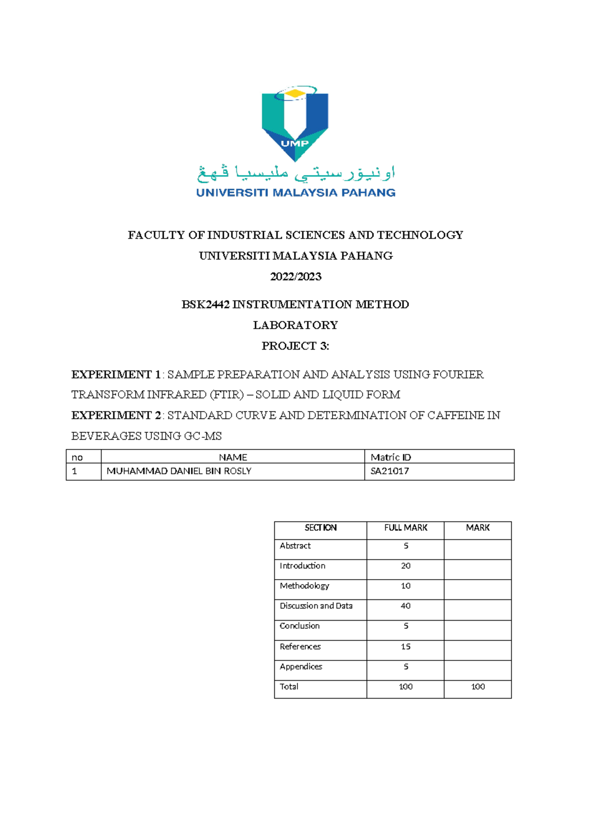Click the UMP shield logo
[x=295, y=124]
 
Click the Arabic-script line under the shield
[x=296, y=173]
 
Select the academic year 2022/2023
[x=296, y=277]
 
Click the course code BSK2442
[x=206, y=305]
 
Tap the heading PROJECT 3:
[x=295, y=346]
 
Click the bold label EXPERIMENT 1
[x=116, y=375]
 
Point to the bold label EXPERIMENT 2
[x=116, y=416]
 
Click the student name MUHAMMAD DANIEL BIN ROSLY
[x=179, y=471]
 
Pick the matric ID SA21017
[x=390, y=471]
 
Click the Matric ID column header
[x=391, y=457]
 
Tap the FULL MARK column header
[x=406, y=528]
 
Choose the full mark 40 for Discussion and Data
[x=406, y=606]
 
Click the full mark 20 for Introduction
[x=406, y=566]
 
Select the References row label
[x=300, y=647]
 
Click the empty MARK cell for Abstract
[x=477, y=549]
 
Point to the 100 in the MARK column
[x=478, y=687]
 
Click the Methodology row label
[x=304, y=586]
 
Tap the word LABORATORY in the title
[x=296, y=325]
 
